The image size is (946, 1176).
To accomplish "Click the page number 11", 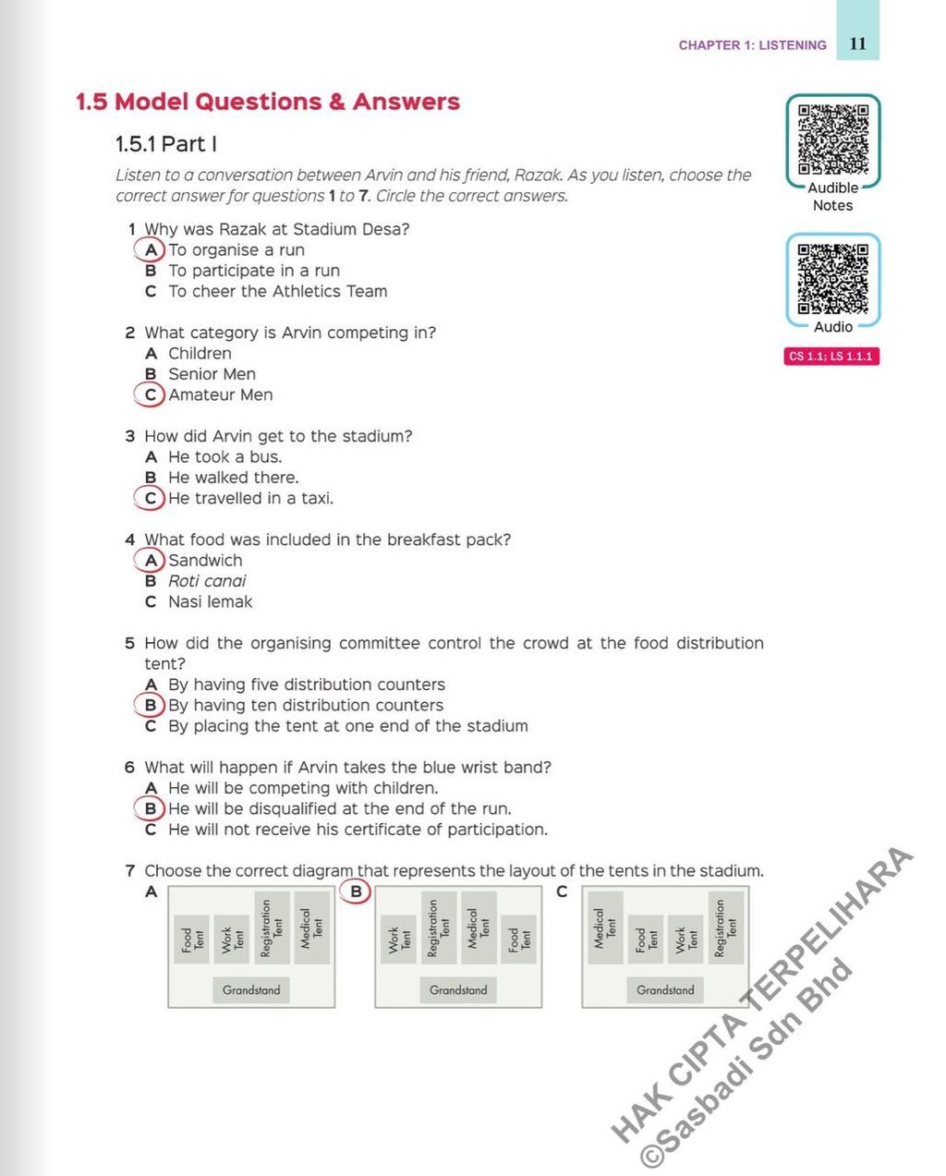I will click(x=857, y=43).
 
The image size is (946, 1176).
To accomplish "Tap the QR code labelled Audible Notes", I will click(x=833, y=139).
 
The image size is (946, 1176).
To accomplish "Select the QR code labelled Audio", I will click(x=833, y=278).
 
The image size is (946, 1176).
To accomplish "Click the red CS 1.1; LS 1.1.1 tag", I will click(x=831, y=357).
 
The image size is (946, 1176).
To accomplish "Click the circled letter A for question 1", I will click(x=150, y=250).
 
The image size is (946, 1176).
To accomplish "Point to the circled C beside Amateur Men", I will click(x=150, y=395).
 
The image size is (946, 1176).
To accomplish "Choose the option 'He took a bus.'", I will click(x=224, y=457).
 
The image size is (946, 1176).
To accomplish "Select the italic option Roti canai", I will click(x=207, y=581).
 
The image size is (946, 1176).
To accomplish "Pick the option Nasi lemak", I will click(x=210, y=602).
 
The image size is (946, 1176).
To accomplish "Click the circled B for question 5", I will click(x=150, y=706).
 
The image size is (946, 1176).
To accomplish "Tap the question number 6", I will click(x=129, y=768).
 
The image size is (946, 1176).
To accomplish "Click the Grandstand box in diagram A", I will click(x=250, y=990).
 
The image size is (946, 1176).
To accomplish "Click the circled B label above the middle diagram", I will click(x=356, y=891).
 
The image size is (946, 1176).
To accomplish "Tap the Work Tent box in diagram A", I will click(x=232, y=940).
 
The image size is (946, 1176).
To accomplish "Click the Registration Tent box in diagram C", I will click(x=725, y=927).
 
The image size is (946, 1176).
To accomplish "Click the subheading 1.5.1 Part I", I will click(x=166, y=144).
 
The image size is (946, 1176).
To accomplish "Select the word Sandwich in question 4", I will click(x=205, y=561).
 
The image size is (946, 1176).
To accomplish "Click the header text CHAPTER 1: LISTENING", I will click(x=752, y=45).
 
